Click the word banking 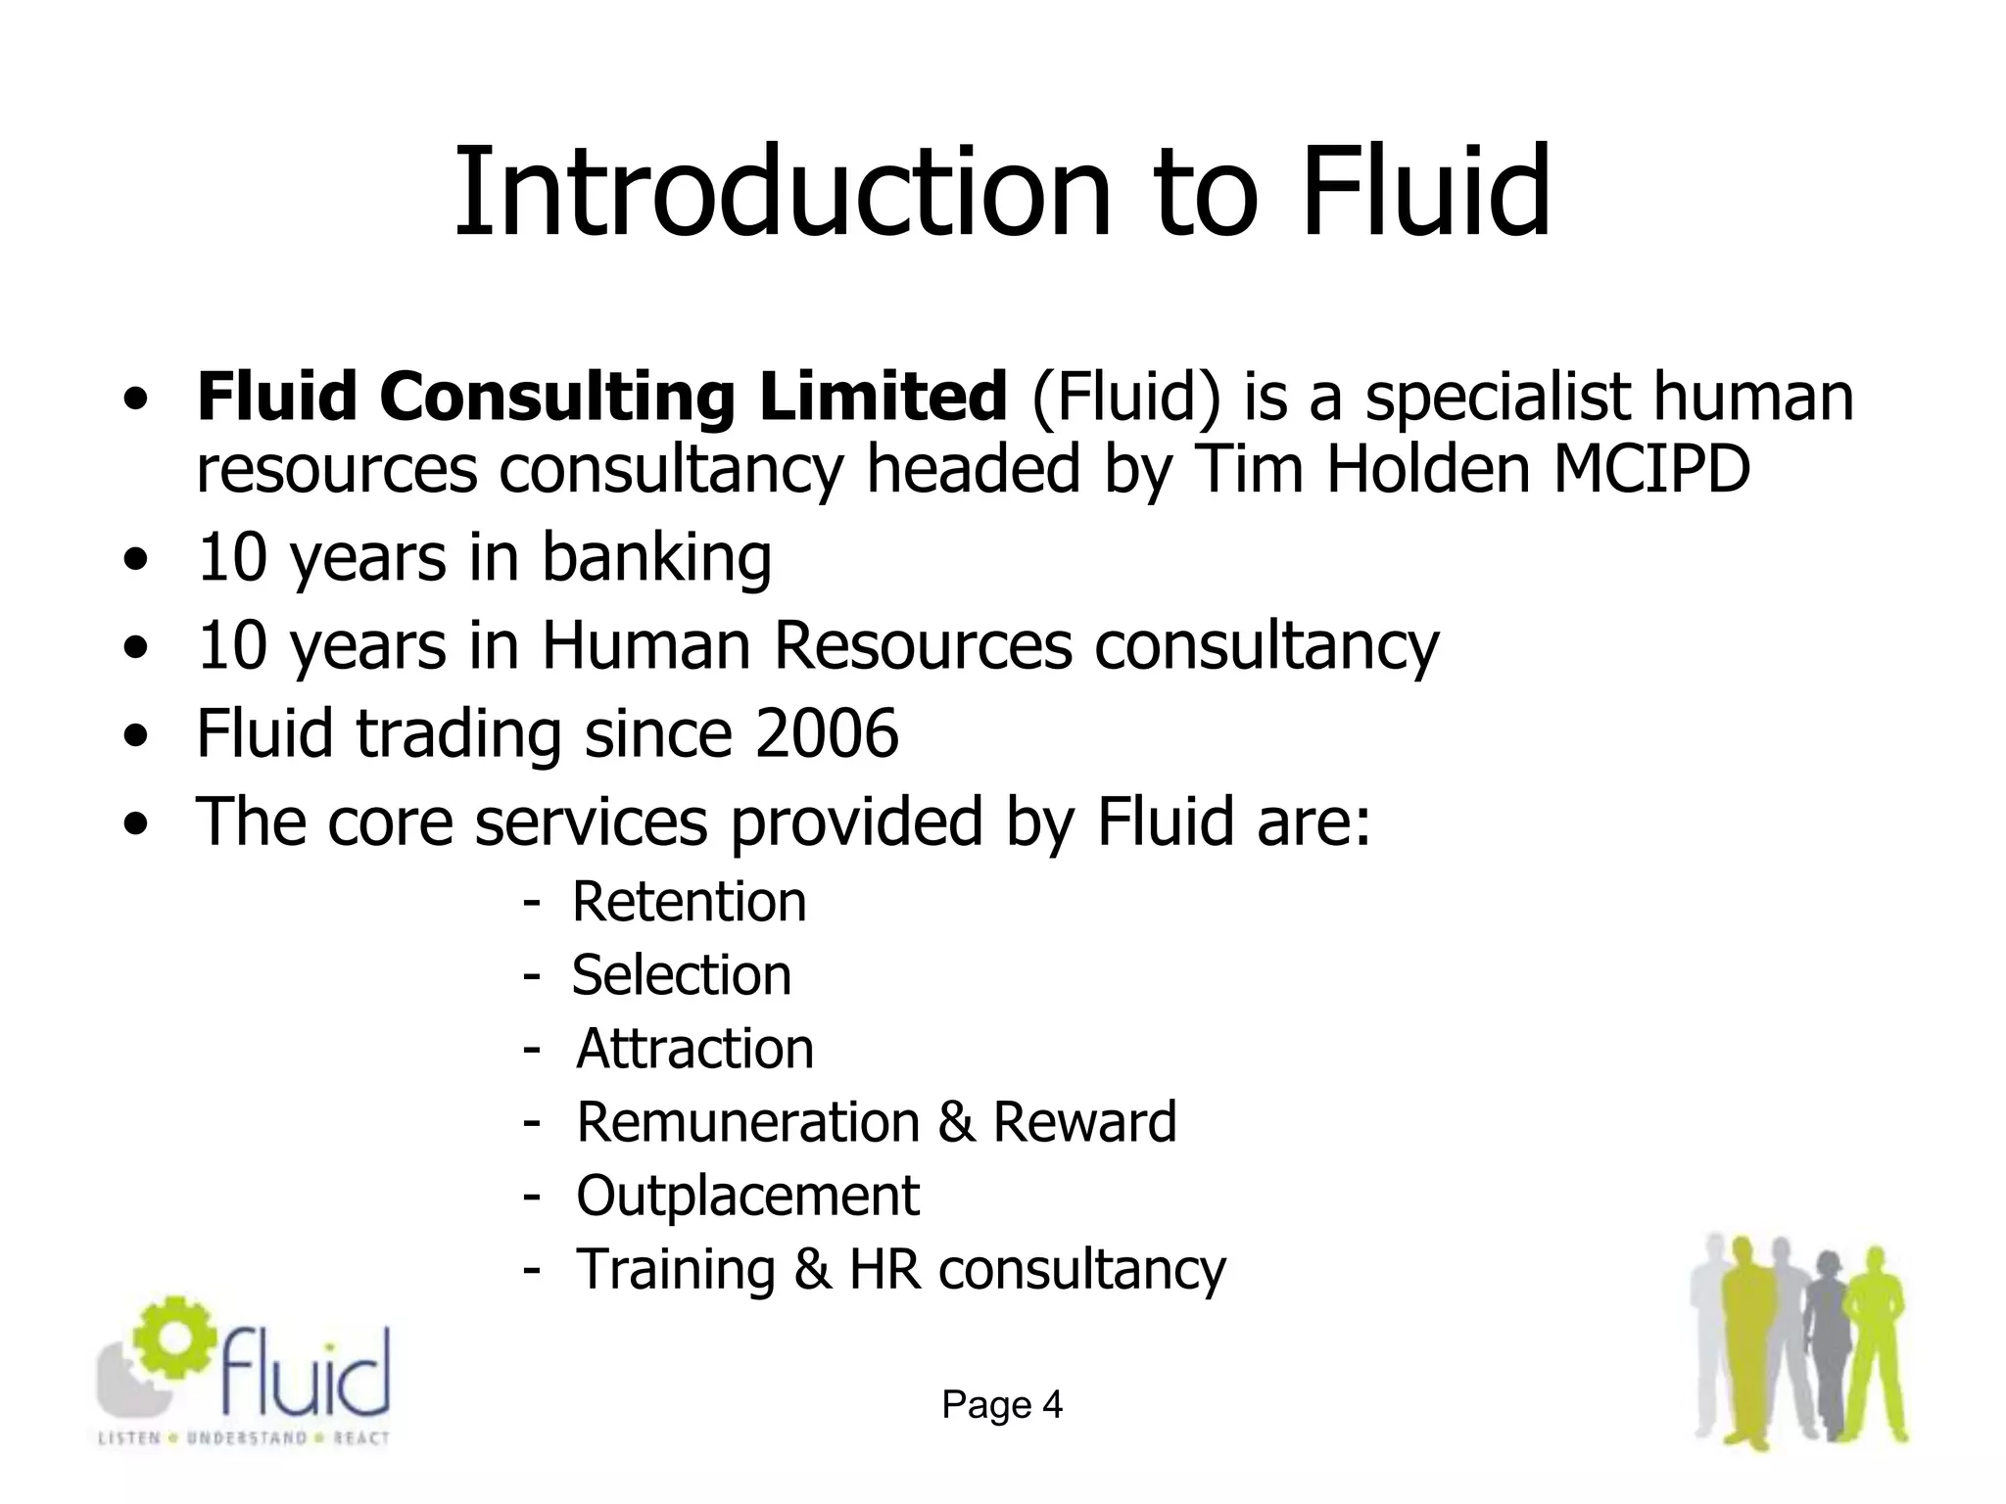(656, 558)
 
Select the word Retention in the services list (689, 902)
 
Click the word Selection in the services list (681, 975)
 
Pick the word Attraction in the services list (694, 1049)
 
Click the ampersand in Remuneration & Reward (955, 1122)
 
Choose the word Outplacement (747, 1196)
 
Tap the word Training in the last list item (675, 1270)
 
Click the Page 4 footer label (1002, 1405)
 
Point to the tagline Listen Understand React (244, 1438)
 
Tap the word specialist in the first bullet (1498, 398)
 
